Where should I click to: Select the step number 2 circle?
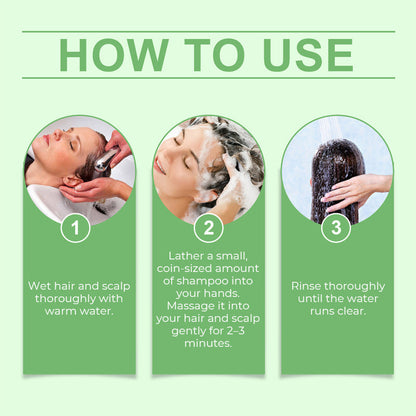[x=208, y=228]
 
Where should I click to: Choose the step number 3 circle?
[x=336, y=228]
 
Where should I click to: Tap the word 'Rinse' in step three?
[x=307, y=285]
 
